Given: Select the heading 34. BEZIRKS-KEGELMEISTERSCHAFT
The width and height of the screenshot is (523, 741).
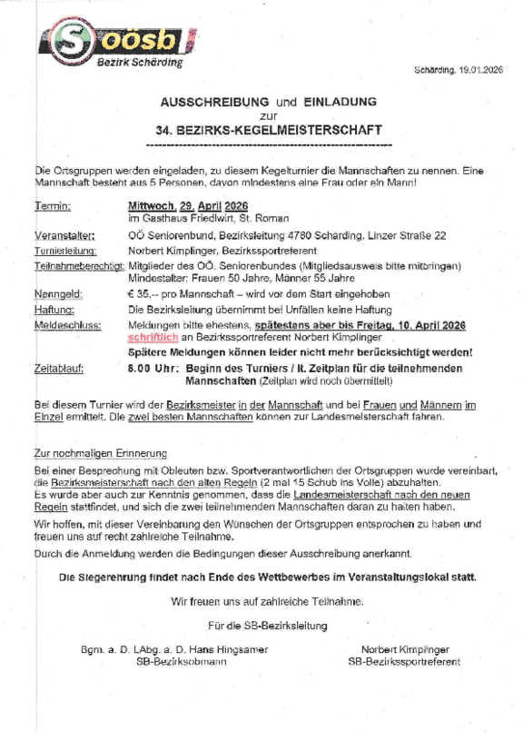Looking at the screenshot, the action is pos(268,130).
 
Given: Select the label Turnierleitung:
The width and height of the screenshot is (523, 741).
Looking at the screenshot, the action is pos(64,250).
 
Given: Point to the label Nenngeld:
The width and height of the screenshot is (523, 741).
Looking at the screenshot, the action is pos(57,294).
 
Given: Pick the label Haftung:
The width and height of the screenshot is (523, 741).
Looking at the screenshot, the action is pos(54,309).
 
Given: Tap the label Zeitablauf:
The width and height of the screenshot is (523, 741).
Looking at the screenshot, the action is pos(60,369).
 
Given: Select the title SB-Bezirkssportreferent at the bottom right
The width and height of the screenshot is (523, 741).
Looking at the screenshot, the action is pos(403,662).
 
